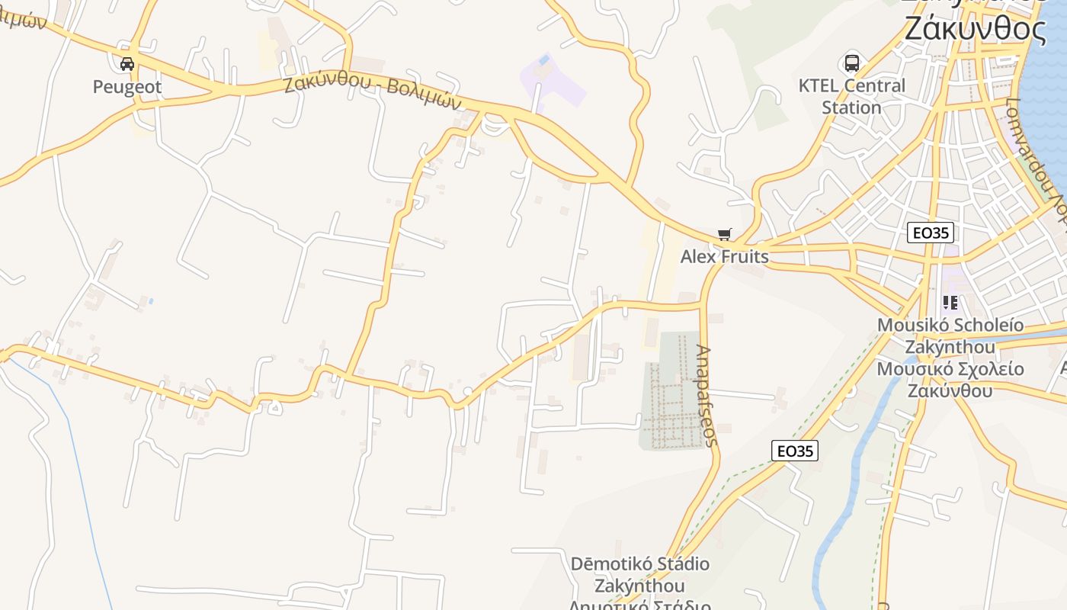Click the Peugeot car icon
click(x=127, y=64)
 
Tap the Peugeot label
click(x=127, y=87)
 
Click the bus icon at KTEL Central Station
click(x=851, y=63)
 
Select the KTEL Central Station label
click(x=851, y=96)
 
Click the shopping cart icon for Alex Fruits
click(x=724, y=235)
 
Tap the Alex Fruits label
click(x=724, y=257)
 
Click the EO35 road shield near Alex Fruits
click(x=931, y=233)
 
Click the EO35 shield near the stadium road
click(x=795, y=451)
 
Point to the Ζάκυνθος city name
click(x=976, y=29)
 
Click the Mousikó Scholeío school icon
click(x=950, y=303)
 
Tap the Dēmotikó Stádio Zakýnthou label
click(x=640, y=576)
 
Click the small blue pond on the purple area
click(x=543, y=59)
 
